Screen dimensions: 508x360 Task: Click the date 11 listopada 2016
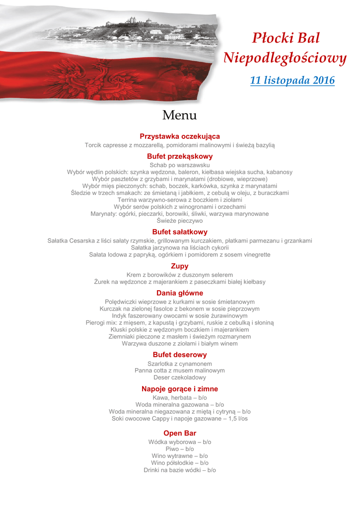[x=292, y=80]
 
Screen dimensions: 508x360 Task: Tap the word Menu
[x=179, y=116]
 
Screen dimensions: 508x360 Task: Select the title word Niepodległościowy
[x=285, y=59]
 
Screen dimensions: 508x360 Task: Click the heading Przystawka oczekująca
[x=180, y=136]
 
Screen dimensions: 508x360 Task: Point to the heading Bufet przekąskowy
[x=180, y=156]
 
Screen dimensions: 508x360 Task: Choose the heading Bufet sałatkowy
[x=180, y=232]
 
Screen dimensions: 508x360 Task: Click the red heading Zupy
[x=180, y=266]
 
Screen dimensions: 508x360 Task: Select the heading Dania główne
[x=180, y=293]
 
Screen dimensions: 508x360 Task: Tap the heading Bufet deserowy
[x=180, y=355]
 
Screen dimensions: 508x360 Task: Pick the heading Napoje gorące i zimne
[x=180, y=389]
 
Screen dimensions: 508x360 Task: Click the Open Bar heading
[x=180, y=433]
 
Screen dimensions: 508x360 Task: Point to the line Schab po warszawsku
[x=180, y=165]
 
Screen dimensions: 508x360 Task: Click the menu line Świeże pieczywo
[x=180, y=221]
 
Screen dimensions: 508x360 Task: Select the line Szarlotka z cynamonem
[x=180, y=364]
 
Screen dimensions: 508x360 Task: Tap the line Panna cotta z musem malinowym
[x=180, y=371]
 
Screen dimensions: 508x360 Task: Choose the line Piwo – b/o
[x=180, y=449]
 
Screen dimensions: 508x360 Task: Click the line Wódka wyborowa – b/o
[x=180, y=442]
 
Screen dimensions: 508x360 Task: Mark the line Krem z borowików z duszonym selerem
[x=180, y=275]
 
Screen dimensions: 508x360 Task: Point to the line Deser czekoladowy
[x=180, y=378]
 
